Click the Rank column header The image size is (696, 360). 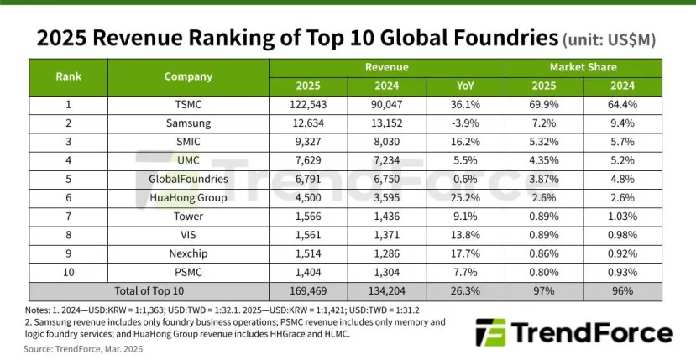(x=68, y=76)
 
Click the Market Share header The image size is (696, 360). (x=583, y=66)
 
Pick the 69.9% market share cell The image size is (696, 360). (x=544, y=105)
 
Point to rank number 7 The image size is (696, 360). (x=68, y=216)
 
